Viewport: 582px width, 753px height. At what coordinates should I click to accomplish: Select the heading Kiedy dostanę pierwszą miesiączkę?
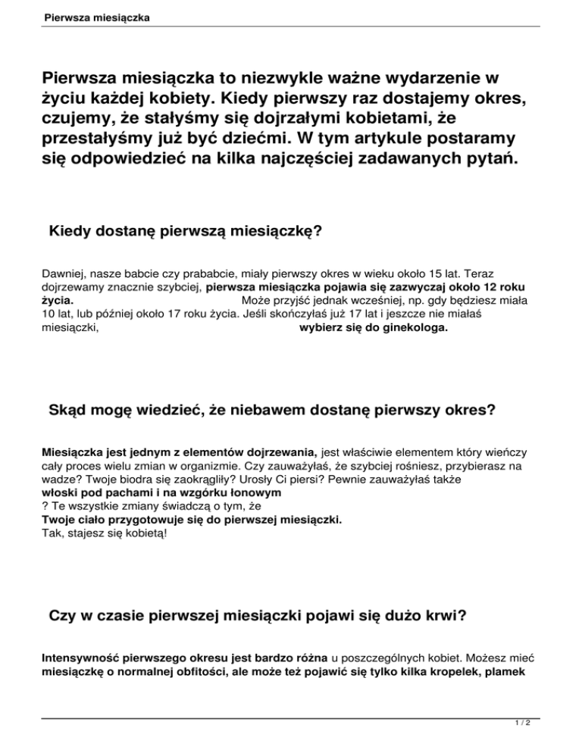(x=186, y=230)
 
